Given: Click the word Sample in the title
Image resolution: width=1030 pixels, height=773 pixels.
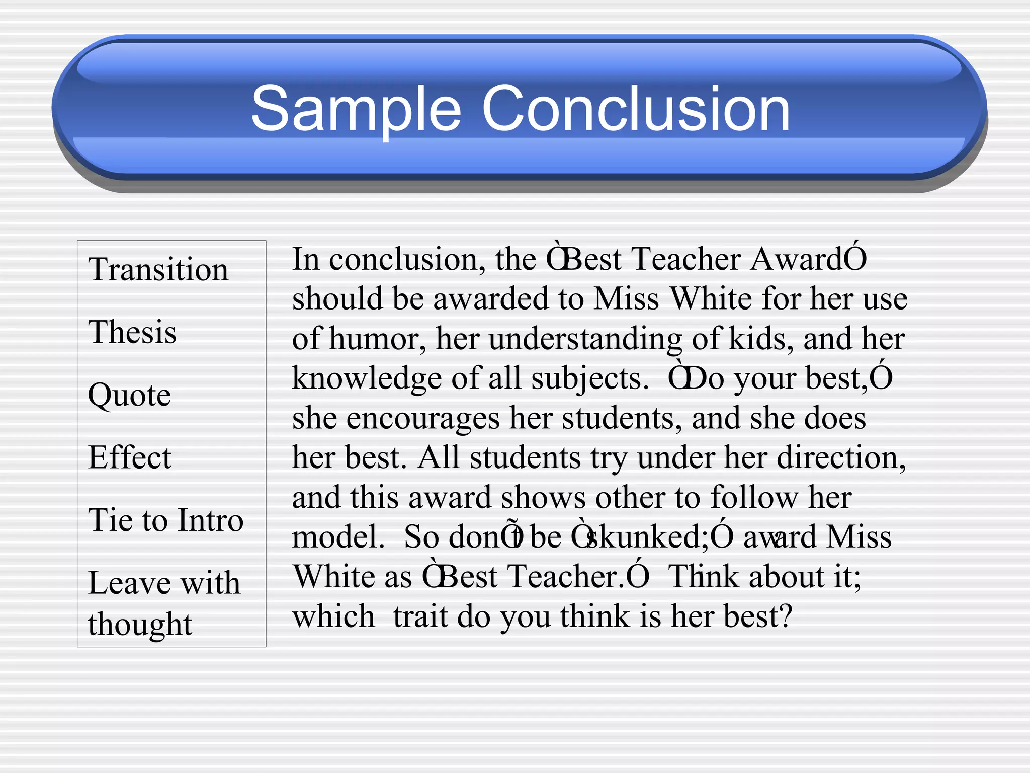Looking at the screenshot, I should (355, 109).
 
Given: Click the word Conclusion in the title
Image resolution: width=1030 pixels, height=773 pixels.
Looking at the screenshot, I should (636, 109).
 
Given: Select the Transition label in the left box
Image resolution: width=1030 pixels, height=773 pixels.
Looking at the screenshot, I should (158, 269).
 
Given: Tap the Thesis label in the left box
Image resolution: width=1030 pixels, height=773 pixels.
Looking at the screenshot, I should (132, 332).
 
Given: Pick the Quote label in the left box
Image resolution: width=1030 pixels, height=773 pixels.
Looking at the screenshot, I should (129, 395).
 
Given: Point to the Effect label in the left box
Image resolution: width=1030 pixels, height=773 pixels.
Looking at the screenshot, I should (130, 457).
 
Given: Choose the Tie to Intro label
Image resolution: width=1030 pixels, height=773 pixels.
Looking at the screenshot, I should (165, 520).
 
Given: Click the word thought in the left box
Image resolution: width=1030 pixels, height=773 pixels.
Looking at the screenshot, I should (140, 625).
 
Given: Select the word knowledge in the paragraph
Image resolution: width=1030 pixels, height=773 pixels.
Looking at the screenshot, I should (367, 379).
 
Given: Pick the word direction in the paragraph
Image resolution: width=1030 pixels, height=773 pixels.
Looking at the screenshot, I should (840, 458).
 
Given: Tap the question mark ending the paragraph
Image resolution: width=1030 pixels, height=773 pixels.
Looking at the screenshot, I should (785, 616).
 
